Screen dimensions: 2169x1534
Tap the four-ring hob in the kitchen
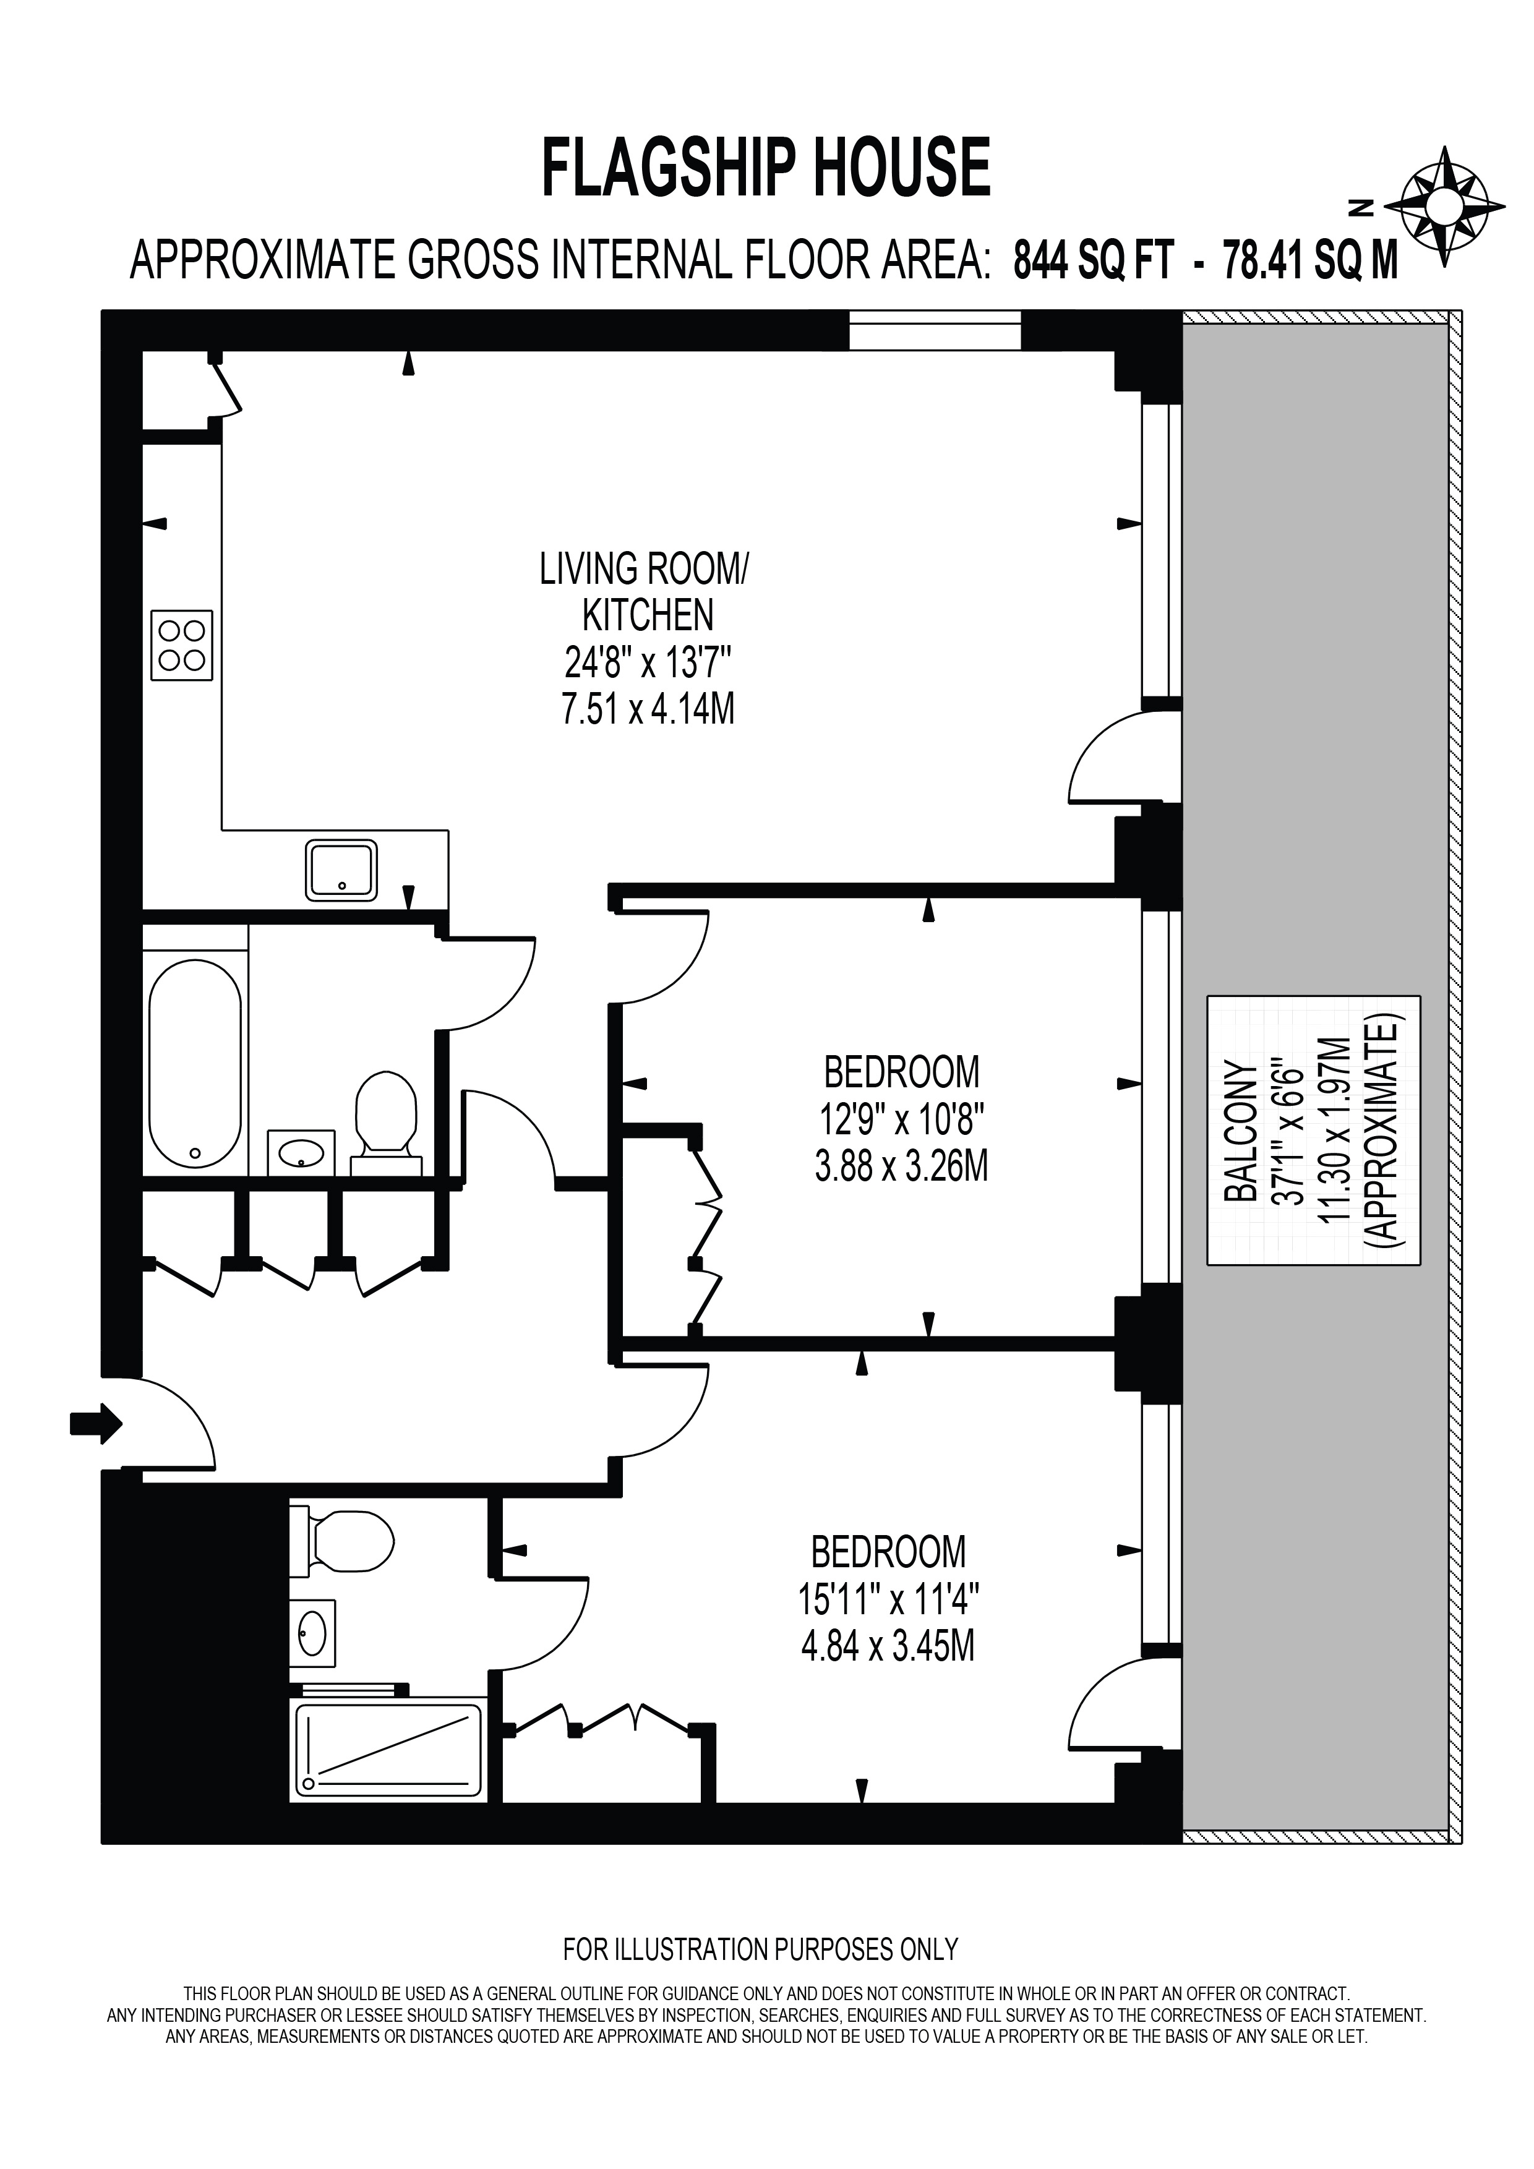click(x=181, y=644)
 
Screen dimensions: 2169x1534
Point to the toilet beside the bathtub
click(x=385, y=1113)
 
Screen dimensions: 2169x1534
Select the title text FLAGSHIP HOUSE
click(x=765, y=168)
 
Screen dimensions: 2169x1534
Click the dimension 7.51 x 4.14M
click(x=648, y=709)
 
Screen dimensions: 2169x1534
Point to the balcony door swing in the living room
click(x=1107, y=761)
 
